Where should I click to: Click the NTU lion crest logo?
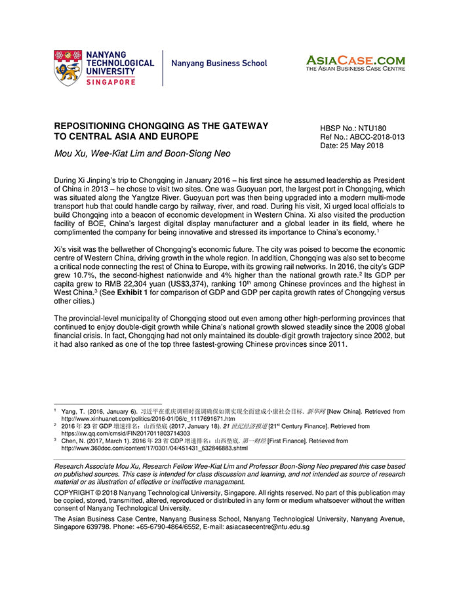pyautogui.click(x=68, y=67)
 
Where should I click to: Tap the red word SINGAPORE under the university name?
pyautogui.click(x=111, y=82)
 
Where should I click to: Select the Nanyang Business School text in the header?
pyautogui.click(x=219, y=64)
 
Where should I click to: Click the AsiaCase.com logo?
pyautogui.click(x=355, y=62)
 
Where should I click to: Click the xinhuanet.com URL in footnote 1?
pyautogui.click(x=148, y=418)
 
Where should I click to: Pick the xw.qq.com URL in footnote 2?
pyautogui.click(x=125, y=433)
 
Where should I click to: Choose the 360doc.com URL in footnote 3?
pyautogui.click(x=154, y=448)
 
